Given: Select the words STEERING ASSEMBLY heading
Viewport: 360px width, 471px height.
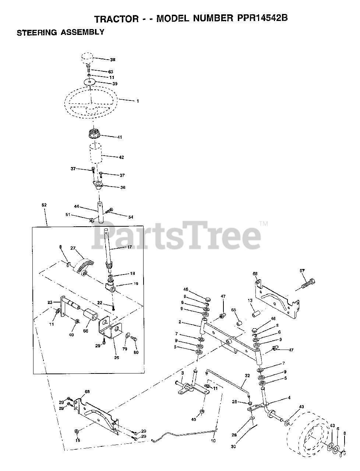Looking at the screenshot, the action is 61,32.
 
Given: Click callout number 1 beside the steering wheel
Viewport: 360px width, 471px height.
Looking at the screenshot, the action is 138,100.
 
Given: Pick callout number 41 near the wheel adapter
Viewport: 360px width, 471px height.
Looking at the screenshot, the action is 120,137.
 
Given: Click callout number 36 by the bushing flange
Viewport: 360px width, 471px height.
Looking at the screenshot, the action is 123,187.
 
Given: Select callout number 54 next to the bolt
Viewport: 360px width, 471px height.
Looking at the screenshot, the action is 131,217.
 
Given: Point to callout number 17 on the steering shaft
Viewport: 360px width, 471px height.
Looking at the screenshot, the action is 130,248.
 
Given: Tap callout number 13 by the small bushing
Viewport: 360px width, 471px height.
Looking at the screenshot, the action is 250,300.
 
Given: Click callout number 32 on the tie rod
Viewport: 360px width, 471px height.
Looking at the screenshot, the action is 247,376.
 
